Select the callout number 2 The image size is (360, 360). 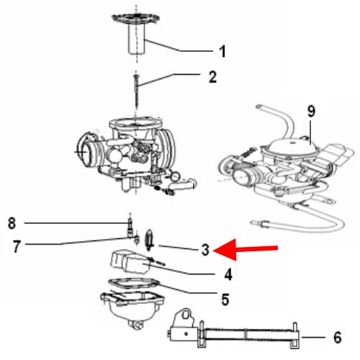212,76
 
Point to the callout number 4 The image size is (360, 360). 228,274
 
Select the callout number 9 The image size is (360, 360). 312,111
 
